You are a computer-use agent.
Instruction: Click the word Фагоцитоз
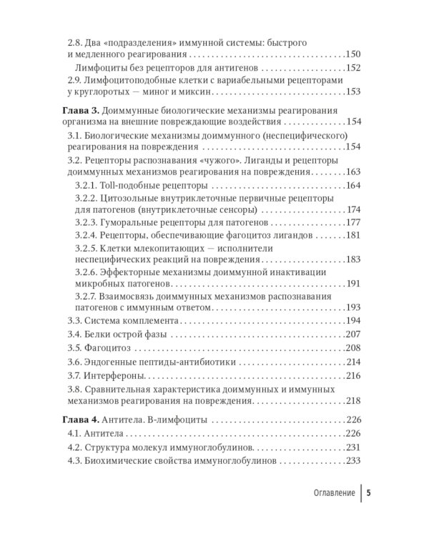pos(107,349)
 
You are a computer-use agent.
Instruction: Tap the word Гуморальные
pos(130,223)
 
